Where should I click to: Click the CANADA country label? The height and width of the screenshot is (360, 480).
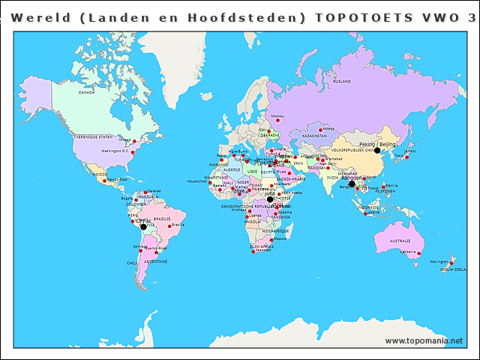[x=87, y=92]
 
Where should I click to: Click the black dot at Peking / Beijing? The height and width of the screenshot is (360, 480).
[x=377, y=150]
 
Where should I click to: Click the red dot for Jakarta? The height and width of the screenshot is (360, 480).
[x=365, y=211]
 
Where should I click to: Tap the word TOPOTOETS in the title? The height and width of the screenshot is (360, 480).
[x=355, y=17]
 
